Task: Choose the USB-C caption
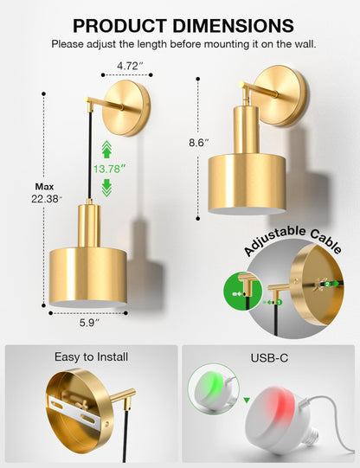(x=268, y=356)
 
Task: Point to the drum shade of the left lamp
(x=88, y=274)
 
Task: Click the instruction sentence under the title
(x=182, y=43)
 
